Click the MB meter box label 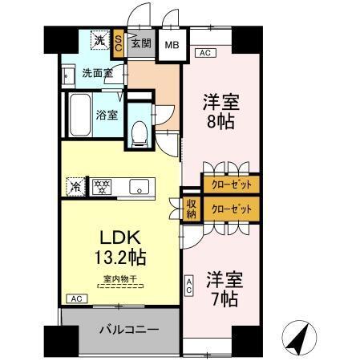point(171,44)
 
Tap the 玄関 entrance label point(141,43)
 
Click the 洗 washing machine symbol point(100,40)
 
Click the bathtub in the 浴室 point(80,115)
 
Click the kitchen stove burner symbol point(101,187)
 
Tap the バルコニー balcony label point(127,330)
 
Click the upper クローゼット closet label point(230,185)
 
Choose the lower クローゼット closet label point(230,208)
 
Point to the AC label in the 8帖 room point(204,53)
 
